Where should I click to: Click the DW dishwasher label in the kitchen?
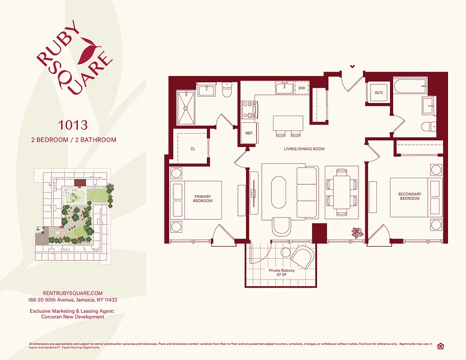(x=301, y=89)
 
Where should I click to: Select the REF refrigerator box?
(x=249, y=134)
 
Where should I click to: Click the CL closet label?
(x=193, y=148)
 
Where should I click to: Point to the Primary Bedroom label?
(x=203, y=198)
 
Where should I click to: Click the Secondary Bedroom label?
(x=410, y=196)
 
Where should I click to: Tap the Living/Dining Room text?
(x=304, y=149)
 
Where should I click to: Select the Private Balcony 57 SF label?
(x=282, y=273)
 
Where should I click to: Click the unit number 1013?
(x=73, y=124)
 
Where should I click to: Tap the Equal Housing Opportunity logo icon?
(x=440, y=346)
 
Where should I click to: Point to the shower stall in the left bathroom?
(x=186, y=108)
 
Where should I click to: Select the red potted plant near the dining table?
(x=357, y=232)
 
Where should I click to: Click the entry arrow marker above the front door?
(x=352, y=66)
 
